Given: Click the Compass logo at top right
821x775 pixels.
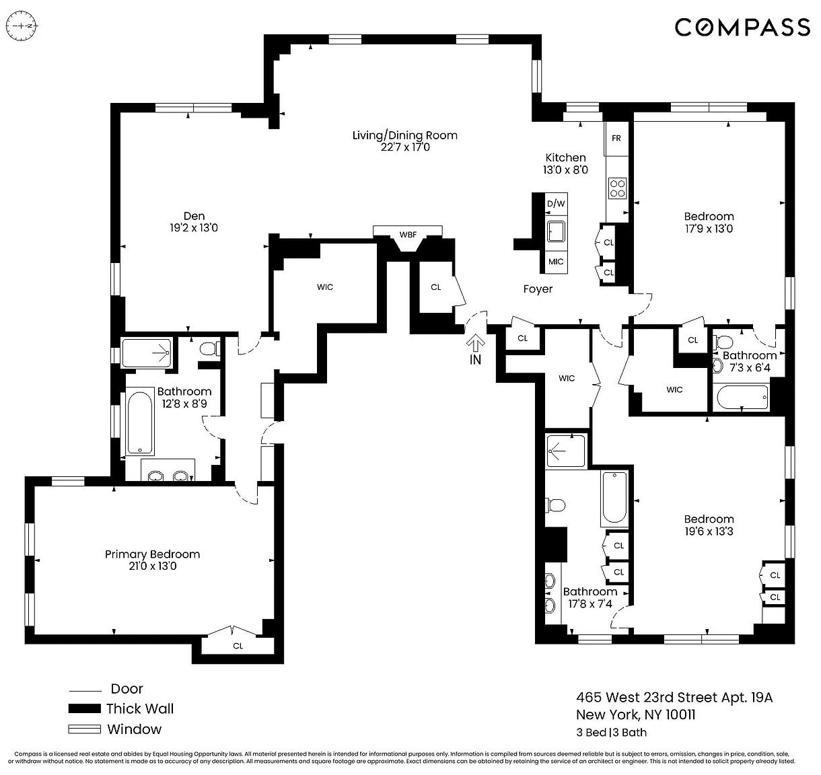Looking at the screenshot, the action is click(x=742, y=28).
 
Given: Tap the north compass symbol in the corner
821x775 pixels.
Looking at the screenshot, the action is click(x=22, y=26).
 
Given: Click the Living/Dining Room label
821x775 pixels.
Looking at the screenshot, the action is click(x=404, y=136).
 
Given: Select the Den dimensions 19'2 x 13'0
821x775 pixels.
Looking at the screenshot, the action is click(x=194, y=228).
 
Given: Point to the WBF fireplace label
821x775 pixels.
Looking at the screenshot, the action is click(x=408, y=235).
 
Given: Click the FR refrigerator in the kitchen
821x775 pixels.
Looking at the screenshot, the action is click(x=616, y=139).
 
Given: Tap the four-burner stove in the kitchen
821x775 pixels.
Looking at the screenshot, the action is click(x=617, y=188).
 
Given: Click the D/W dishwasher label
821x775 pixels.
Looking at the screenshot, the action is click(x=556, y=203).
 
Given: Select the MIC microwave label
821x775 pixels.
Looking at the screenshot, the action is click(x=556, y=262).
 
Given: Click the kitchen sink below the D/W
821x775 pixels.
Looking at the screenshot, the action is click(x=556, y=231).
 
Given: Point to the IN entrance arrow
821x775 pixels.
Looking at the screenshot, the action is click(x=475, y=342).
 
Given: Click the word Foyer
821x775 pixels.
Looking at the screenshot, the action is click(x=538, y=289).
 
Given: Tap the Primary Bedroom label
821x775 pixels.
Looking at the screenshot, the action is click(x=153, y=554).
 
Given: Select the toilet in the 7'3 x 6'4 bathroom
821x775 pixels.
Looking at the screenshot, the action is click(x=723, y=342).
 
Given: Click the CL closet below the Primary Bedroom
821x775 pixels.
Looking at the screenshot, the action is click(x=238, y=646).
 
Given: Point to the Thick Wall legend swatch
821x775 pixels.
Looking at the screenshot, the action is click(x=84, y=708).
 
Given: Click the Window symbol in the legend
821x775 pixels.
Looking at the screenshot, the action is click(x=84, y=729).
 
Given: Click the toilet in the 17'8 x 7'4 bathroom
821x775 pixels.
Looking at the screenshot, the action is click(x=556, y=505).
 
